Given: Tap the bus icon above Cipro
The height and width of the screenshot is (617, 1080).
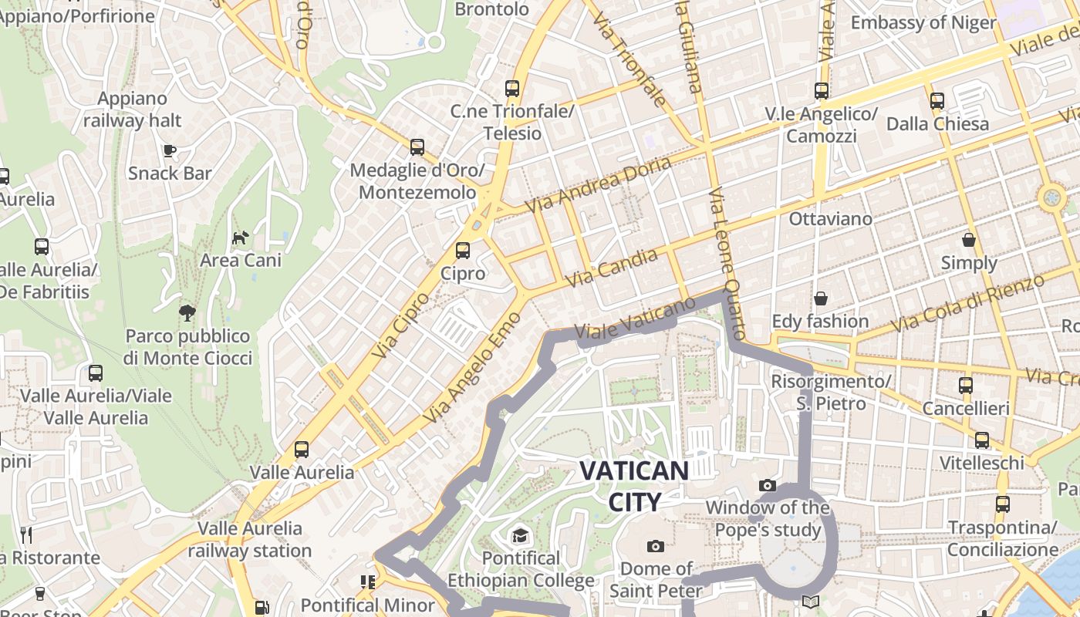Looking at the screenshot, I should point(463,251).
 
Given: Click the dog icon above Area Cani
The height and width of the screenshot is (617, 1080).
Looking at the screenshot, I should point(241,237).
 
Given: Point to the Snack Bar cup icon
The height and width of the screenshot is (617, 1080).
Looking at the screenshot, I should point(170,150).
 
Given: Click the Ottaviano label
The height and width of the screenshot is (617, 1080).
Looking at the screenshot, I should point(830,219).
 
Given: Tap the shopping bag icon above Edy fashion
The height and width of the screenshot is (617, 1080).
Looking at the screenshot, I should point(821,298).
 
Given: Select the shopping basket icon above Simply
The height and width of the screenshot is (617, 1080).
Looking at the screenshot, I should point(969,240).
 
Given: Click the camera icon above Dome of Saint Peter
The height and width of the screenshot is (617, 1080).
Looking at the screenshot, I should point(656,547).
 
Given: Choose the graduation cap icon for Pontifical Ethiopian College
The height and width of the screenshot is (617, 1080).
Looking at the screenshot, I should point(520,535).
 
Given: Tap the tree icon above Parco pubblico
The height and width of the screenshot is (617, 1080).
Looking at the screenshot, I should point(187,312).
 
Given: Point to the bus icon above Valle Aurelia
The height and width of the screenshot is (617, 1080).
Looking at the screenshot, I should point(302,450).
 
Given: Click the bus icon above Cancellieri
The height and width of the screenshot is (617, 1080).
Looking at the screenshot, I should point(966,386).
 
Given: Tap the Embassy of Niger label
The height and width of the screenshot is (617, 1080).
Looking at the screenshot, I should point(923,22).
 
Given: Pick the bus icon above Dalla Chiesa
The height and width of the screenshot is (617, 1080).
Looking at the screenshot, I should point(937,101).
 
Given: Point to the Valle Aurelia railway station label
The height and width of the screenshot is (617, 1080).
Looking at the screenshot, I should point(250,539).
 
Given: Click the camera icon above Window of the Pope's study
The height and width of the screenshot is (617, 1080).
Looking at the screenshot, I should point(767,485).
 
